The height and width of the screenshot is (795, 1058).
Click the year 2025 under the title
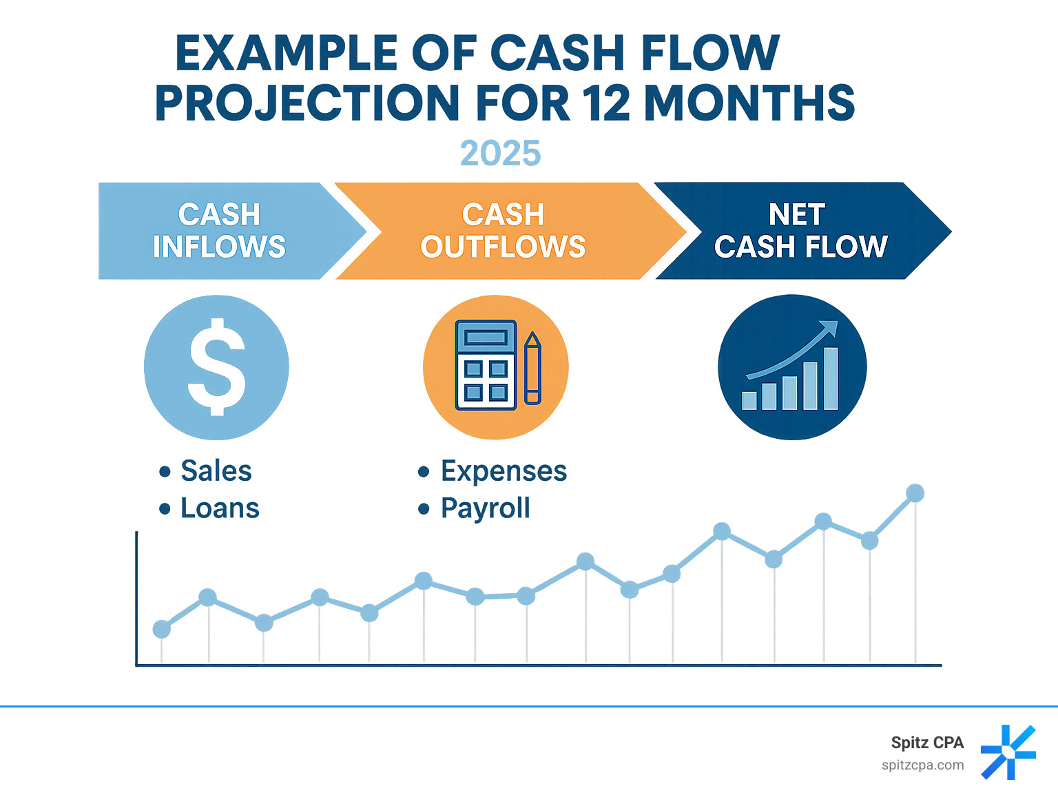point(500,154)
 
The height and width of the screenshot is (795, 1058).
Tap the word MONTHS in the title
point(749,103)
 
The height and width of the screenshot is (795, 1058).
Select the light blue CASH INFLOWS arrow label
point(219,231)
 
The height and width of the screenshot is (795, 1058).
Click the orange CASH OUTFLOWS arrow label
point(503,231)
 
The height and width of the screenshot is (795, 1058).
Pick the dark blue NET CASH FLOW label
point(800,231)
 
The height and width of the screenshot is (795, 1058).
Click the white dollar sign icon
point(217,367)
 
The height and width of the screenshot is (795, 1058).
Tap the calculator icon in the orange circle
point(486,365)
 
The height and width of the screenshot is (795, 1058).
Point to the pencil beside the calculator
point(532,368)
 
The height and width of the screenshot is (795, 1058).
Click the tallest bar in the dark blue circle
point(831,378)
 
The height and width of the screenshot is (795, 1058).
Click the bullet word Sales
point(216,471)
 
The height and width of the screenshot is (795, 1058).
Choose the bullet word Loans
point(220,508)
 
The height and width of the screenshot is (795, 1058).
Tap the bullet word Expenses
point(504,471)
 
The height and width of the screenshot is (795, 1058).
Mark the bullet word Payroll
point(486,509)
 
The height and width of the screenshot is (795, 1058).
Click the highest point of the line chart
point(915,493)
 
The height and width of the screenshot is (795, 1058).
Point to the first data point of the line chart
point(161,629)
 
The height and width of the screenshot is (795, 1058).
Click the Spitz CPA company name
point(927,743)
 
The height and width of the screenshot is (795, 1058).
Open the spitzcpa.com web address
point(922,765)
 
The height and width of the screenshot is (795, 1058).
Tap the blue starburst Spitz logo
point(1008,752)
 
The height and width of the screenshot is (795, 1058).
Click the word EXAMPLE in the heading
point(287,53)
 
